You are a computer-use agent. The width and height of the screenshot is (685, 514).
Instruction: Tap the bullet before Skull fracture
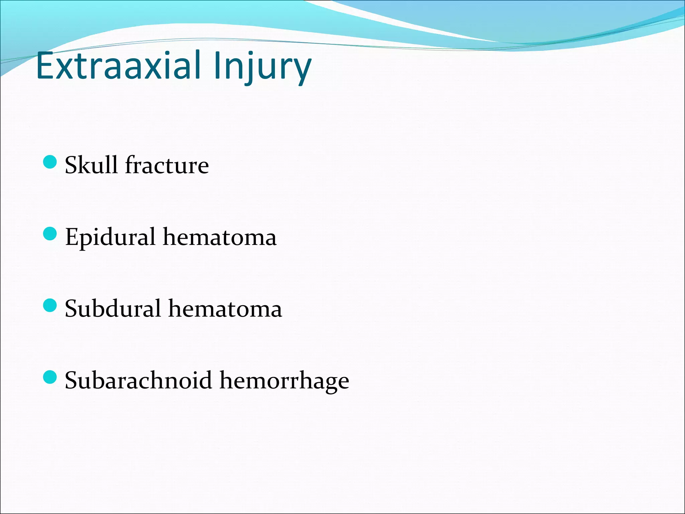50,162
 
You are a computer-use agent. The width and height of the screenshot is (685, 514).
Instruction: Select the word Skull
91,165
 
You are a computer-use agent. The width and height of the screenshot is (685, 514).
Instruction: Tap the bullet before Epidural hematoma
50,234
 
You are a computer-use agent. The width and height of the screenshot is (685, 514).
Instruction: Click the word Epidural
110,237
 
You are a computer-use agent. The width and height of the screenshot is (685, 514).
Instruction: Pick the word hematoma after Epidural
220,237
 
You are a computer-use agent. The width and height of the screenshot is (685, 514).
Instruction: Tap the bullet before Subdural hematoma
50,305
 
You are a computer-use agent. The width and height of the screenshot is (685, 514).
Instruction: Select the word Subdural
113,309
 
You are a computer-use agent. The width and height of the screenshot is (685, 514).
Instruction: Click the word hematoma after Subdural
225,309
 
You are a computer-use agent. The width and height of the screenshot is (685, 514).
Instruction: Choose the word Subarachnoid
138,380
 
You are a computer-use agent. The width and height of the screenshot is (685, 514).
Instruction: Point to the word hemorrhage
284,380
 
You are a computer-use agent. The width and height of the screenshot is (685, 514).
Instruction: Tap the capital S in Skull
72,165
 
